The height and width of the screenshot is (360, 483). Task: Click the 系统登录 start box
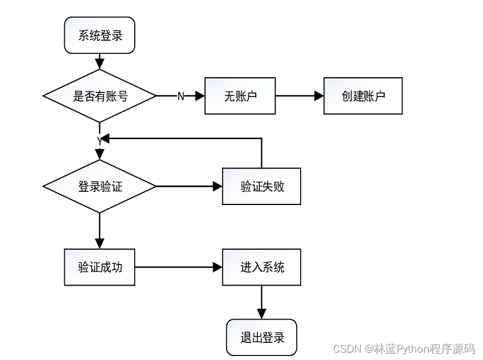click(99, 35)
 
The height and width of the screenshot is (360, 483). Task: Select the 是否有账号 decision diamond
click(99, 96)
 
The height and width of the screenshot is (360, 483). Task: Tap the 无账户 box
click(240, 96)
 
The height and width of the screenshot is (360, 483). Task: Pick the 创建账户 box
click(363, 96)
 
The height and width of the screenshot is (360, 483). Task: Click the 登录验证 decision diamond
click(99, 186)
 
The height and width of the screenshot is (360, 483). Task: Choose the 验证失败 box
click(261, 186)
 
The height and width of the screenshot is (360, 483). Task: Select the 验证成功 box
click(99, 267)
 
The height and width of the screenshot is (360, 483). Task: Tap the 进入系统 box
click(261, 267)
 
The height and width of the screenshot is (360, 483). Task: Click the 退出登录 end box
click(261, 337)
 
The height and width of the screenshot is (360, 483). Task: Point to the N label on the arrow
click(181, 97)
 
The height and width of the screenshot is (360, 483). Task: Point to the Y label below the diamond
click(99, 142)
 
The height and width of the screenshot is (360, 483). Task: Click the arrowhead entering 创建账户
click(319, 96)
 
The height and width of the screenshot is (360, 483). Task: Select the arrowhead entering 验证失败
click(218, 186)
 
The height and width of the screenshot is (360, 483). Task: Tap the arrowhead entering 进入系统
click(218, 267)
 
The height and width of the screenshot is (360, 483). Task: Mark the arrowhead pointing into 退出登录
click(261, 314)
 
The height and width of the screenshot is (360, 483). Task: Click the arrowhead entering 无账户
click(200, 96)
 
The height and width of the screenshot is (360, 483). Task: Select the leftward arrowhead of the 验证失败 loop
click(105, 139)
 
